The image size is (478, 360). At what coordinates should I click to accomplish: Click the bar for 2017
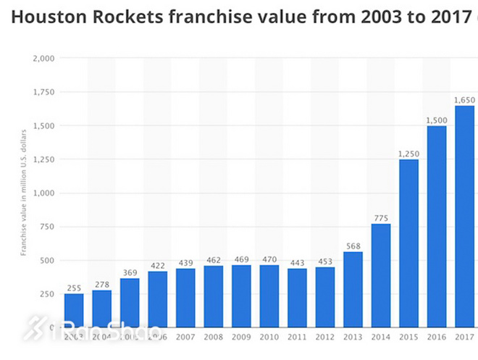[464, 217]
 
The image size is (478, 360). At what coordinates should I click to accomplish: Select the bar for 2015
[408, 243]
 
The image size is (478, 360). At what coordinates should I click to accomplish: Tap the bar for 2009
[242, 296]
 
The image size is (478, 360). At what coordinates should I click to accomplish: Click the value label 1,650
[464, 99]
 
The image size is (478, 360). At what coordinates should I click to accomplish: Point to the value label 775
[381, 217]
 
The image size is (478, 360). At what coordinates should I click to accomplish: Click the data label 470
[269, 259]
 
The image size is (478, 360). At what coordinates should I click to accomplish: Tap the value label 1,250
[408, 153]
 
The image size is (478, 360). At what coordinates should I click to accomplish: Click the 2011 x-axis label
[297, 337]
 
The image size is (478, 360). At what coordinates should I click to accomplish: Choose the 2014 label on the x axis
[381, 337]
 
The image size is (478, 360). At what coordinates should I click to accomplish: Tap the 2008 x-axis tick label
[214, 337]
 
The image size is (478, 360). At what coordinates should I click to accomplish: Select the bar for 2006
[158, 299]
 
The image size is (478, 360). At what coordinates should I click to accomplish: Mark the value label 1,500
[437, 120]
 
